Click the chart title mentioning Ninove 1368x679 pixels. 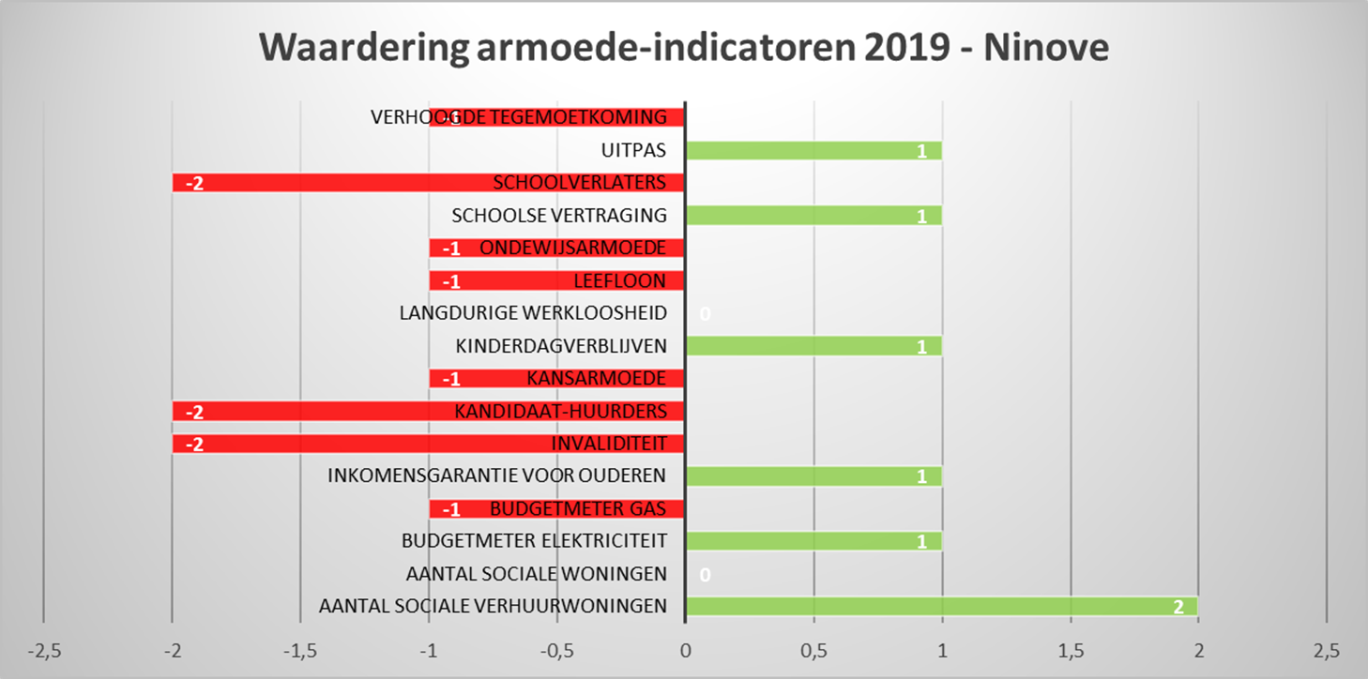[x=684, y=48]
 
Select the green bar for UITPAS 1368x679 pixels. [x=813, y=150]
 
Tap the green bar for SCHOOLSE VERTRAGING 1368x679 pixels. [x=813, y=215]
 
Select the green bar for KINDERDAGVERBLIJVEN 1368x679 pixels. [x=813, y=346]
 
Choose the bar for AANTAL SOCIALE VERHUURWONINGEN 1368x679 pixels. [x=941, y=606]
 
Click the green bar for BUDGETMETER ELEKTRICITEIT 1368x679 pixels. [x=813, y=541]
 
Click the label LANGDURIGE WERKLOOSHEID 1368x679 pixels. [x=533, y=313]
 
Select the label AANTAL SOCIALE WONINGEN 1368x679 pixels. [x=536, y=574]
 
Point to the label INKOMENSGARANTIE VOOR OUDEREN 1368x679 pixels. [x=496, y=476]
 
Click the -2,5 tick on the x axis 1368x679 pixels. [x=44, y=650]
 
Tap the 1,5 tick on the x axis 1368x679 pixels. [x=1070, y=650]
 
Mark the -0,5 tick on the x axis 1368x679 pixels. [x=557, y=650]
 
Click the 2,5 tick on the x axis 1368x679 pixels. [x=1326, y=650]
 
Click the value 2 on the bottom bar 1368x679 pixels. [x=1178, y=607]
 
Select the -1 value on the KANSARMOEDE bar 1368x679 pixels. [x=450, y=379]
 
